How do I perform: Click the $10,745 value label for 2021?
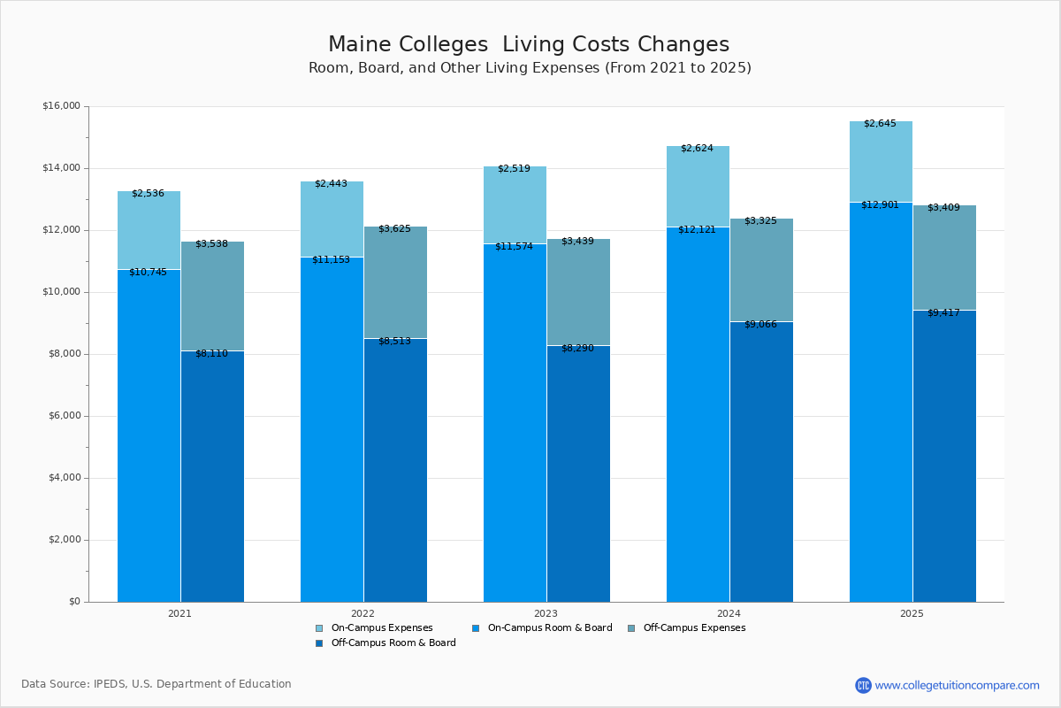(148, 273)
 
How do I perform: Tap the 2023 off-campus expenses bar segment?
(578, 292)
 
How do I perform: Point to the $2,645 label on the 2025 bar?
(880, 124)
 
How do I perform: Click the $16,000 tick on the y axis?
(61, 106)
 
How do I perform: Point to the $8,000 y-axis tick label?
(64, 354)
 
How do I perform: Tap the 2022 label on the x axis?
(363, 612)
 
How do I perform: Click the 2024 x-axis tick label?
(729, 612)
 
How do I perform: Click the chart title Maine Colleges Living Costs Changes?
(529, 44)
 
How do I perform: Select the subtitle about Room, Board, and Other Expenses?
(530, 68)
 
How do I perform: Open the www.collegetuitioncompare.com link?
(957, 685)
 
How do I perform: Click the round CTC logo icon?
(863, 685)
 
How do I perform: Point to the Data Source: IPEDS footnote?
(156, 684)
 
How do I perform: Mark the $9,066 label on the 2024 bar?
(760, 325)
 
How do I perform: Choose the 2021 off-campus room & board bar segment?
(212, 478)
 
